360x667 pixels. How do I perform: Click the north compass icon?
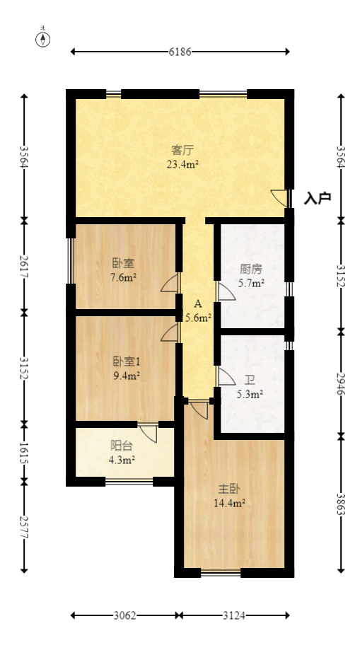(x=42, y=39)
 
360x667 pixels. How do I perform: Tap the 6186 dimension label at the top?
(x=180, y=52)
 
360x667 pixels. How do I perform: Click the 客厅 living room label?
(x=183, y=150)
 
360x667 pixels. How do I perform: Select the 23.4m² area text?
(x=183, y=164)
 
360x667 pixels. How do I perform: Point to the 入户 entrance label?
(x=318, y=198)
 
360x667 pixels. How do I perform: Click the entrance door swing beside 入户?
(x=279, y=198)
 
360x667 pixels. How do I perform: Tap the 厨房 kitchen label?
(x=251, y=269)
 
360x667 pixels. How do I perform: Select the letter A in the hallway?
(x=197, y=303)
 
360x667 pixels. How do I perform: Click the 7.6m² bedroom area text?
(x=123, y=278)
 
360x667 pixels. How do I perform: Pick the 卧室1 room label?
(x=127, y=362)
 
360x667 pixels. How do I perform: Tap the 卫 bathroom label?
(x=250, y=380)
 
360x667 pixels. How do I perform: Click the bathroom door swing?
(x=226, y=376)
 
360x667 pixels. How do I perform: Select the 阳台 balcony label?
(x=122, y=446)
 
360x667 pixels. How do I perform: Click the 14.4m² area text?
(x=230, y=504)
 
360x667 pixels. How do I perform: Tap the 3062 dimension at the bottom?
(x=124, y=615)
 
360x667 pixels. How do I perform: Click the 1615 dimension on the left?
(x=24, y=453)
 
